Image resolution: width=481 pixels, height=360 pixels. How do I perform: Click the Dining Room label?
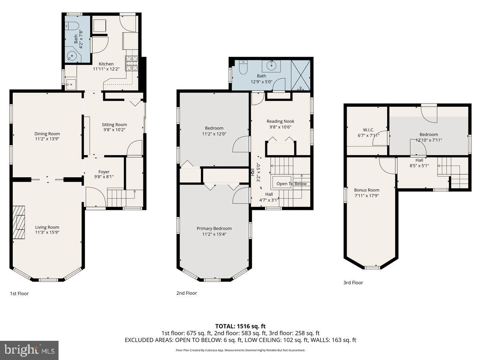pyautogui.click(x=47, y=134)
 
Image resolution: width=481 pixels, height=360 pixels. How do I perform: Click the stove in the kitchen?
pyautogui.click(x=132, y=63)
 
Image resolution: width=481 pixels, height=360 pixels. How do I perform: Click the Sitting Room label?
pyautogui.click(x=114, y=125)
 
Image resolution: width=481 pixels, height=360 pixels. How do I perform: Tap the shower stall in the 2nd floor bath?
pyautogui.click(x=301, y=74)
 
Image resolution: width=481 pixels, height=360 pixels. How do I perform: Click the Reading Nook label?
pyautogui.click(x=280, y=121)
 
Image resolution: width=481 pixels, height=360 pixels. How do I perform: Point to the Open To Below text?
pyautogui.click(x=291, y=184)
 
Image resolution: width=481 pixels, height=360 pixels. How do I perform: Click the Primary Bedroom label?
pyautogui.click(x=214, y=228)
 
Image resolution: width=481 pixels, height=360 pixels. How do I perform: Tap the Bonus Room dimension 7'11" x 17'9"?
pyautogui.click(x=366, y=196)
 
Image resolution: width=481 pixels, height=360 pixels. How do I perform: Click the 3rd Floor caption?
pyautogui.click(x=353, y=283)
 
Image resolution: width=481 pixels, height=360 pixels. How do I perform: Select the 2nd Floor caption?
pyautogui.click(x=186, y=293)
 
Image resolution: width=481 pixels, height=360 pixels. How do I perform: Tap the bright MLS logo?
pyautogui.click(x=29, y=350)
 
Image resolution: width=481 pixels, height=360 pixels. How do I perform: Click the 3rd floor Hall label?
pyautogui.click(x=419, y=160)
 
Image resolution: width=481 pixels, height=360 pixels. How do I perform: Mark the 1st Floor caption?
pyautogui.click(x=19, y=294)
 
